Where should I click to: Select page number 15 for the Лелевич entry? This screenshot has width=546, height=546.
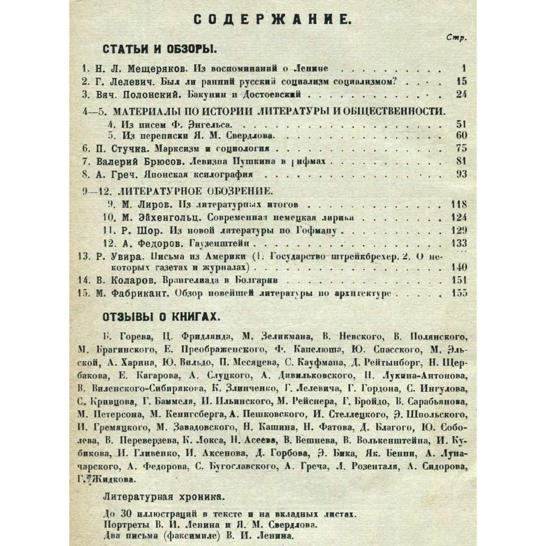461,82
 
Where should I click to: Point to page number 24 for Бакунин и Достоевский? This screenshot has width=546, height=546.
461,95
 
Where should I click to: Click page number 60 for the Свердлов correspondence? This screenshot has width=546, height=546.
461,135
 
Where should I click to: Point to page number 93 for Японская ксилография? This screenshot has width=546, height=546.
461,174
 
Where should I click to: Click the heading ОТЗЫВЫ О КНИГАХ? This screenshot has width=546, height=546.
161,317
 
